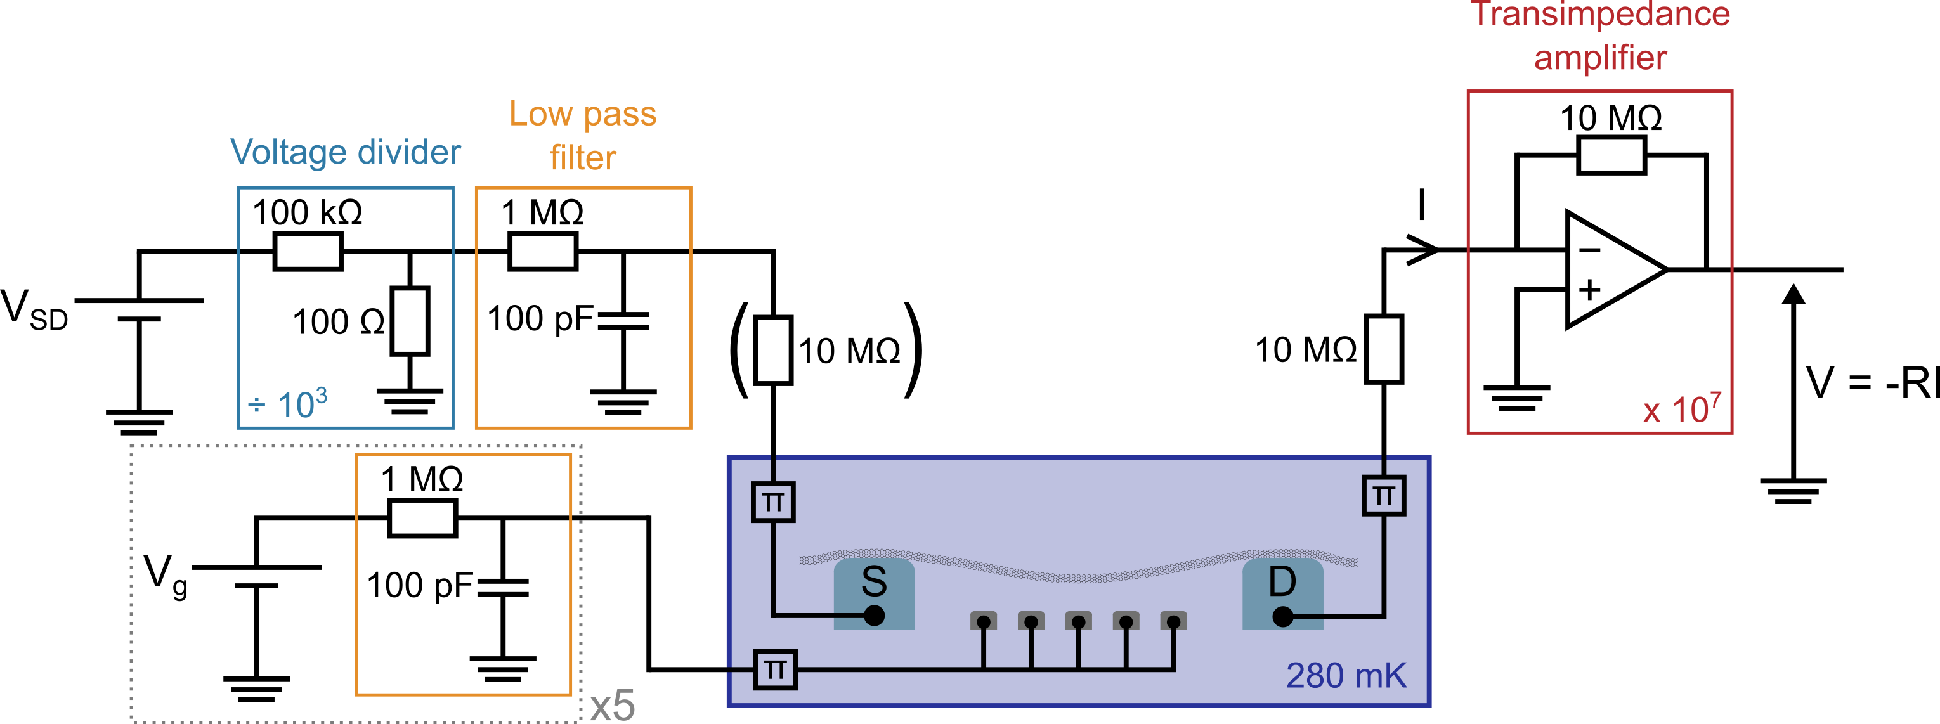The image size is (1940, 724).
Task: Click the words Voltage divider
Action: click(x=345, y=153)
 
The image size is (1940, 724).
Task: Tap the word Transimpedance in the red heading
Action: click(x=1600, y=15)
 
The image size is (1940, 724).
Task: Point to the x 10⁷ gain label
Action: click(x=1681, y=409)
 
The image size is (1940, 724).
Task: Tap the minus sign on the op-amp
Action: click(x=1589, y=250)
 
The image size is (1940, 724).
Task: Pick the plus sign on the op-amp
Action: click(x=1589, y=290)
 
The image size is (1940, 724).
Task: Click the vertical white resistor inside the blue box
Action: click(x=410, y=321)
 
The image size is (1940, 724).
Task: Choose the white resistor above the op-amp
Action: click(x=1611, y=155)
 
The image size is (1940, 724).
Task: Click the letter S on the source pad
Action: click(x=874, y=581)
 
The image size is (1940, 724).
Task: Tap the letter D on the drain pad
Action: click(x=1282, y=581)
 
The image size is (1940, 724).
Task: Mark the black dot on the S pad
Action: click(x=874, y=616)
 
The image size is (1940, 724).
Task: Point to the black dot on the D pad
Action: click(x=1282, y=617)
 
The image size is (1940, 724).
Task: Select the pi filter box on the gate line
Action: click(x=774, y=669)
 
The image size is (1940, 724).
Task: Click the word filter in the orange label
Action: click(x=582, y=158)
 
